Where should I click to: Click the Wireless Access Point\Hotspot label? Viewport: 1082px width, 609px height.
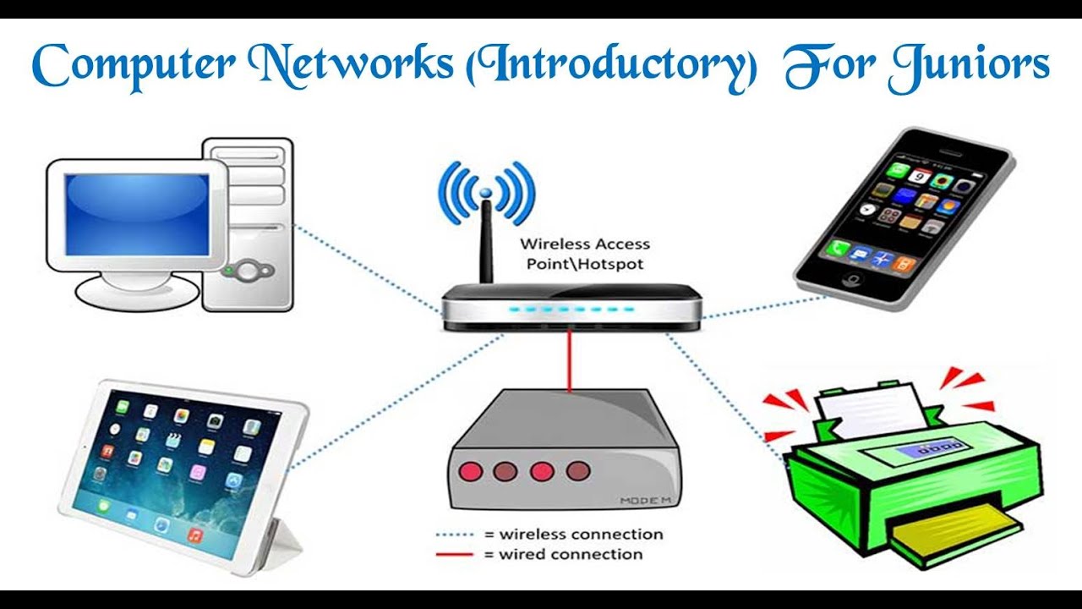tap(584, 254)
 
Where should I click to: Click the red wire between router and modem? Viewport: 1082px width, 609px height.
tap(570, 359)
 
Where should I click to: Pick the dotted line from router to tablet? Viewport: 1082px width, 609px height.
tap(397, 398)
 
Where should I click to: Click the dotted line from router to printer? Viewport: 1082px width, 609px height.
tap(727, 398)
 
